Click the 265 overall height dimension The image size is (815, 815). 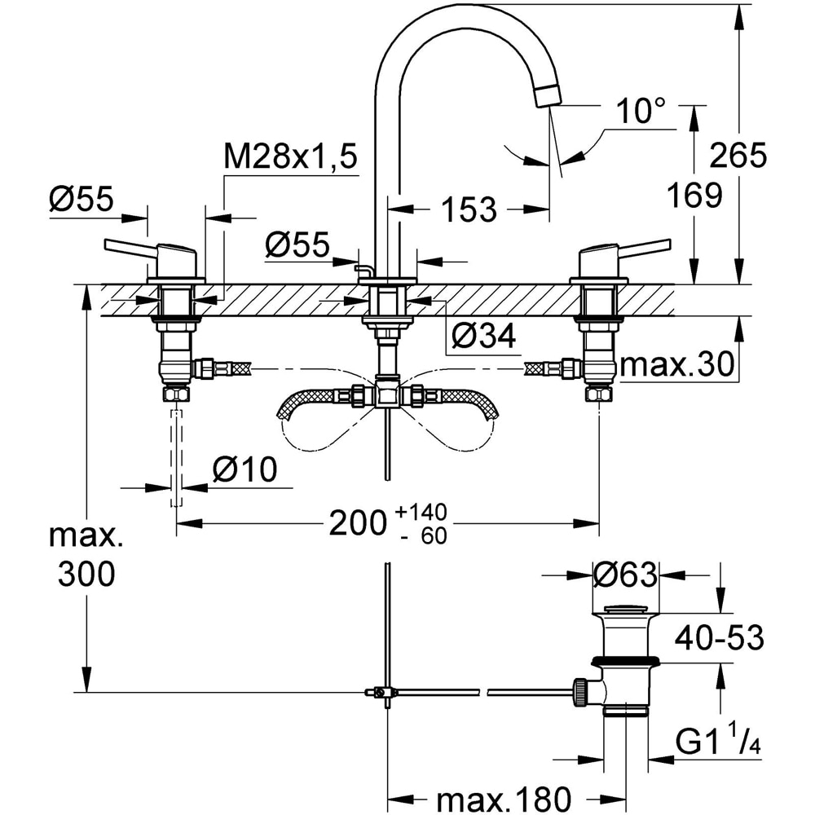click(738, 154)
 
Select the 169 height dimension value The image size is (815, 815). click(694, 195)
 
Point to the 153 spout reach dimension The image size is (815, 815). click(469, 210)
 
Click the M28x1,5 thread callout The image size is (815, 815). click(291, 156)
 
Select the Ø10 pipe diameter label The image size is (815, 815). click(244, 469)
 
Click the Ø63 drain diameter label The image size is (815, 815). click(625, 575)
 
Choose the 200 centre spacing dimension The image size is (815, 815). click(356, 523)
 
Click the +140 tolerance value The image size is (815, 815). click(421, 512)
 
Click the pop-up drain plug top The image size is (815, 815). click(624, 608)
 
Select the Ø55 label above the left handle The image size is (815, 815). click(79, 199)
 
